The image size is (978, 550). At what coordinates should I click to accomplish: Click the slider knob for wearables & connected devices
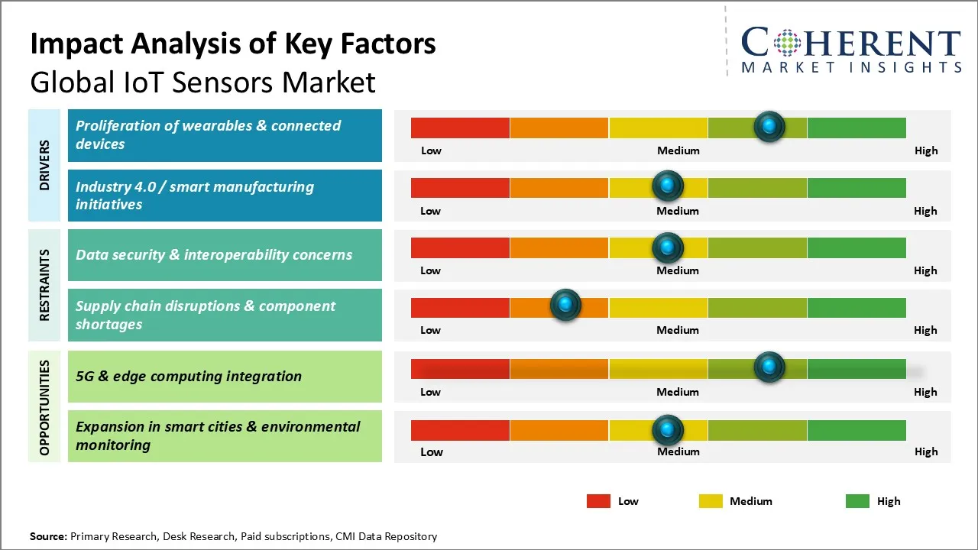(769, 126)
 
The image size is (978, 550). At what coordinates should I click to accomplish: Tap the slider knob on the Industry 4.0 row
(668, 186)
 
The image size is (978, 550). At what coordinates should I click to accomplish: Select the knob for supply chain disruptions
(565, 305)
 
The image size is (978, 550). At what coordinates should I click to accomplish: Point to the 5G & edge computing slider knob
(769, 367)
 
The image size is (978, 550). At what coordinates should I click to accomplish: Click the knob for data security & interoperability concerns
(668, 247)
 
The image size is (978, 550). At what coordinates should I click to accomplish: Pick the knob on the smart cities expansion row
(668, 430)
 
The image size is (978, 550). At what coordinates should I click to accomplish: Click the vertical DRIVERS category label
(44, 165)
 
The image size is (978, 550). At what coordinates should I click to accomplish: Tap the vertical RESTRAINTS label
(44, 285)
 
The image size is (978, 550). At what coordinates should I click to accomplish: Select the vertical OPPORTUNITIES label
(44, 407)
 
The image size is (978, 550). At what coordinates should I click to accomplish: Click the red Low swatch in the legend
(598, 501)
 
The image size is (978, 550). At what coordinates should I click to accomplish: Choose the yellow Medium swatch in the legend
(711, 501)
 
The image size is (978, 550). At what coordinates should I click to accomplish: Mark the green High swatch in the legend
(857, 501)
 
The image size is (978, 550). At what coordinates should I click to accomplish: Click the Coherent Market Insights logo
(850, 50)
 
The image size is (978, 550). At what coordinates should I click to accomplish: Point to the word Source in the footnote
(47, 536)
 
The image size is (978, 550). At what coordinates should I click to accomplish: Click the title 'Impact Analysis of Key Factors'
(233, 44)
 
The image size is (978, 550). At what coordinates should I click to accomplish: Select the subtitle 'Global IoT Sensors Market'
(202, 82)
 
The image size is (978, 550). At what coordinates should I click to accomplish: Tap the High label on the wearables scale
(925, 150)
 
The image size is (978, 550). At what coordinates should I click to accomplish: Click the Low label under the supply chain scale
(430, 330)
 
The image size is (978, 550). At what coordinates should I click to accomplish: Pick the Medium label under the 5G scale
(678, 392)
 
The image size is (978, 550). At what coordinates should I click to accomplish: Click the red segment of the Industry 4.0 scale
(460, 187)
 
